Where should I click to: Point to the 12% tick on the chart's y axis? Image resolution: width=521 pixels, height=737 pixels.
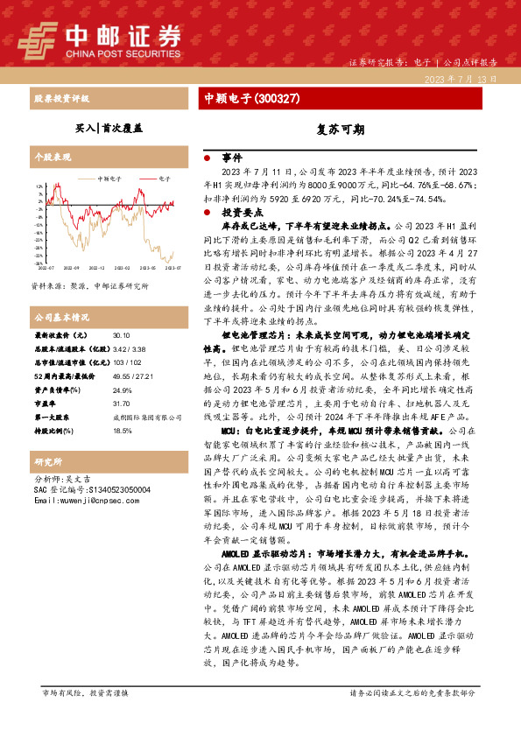[x=39, y=186]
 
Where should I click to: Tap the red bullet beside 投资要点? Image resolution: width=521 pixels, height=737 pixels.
[x=207, y=213]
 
